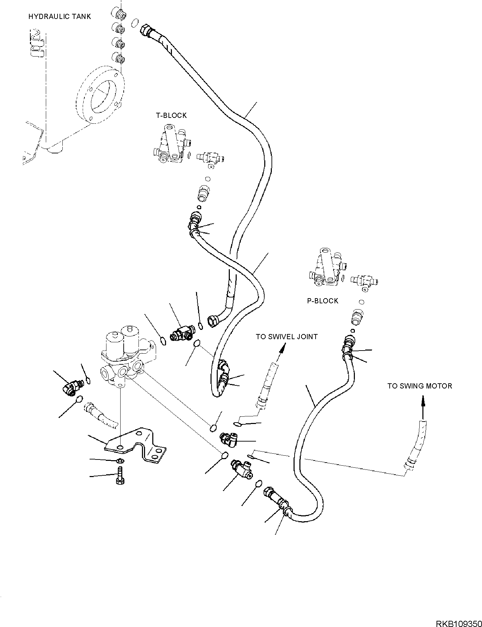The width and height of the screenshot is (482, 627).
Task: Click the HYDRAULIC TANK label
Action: click(60, 17)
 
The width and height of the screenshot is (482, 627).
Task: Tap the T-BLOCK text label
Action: click(171, 115)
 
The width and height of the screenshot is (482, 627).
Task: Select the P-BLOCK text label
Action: click(322, 301)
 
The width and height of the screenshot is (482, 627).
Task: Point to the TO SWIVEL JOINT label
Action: click(287, 336)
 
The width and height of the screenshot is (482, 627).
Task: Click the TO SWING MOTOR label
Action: click(420, 386)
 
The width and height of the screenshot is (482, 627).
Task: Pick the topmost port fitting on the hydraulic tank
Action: click(119, 14)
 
